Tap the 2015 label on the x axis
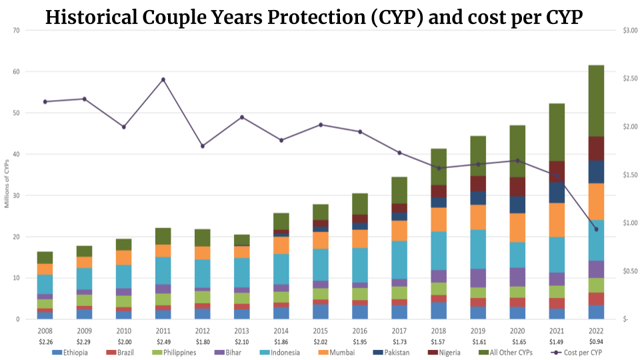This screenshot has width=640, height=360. coord(321,331)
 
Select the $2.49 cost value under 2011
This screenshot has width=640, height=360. coord(163,342)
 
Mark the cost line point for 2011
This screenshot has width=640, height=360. coord(163,79)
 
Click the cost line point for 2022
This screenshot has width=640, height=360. coord(596,229)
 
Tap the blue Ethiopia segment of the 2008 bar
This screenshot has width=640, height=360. coord(45,315)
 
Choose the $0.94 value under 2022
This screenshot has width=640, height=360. coord(596,342)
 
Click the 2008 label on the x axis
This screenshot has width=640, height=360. coord(45,331)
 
